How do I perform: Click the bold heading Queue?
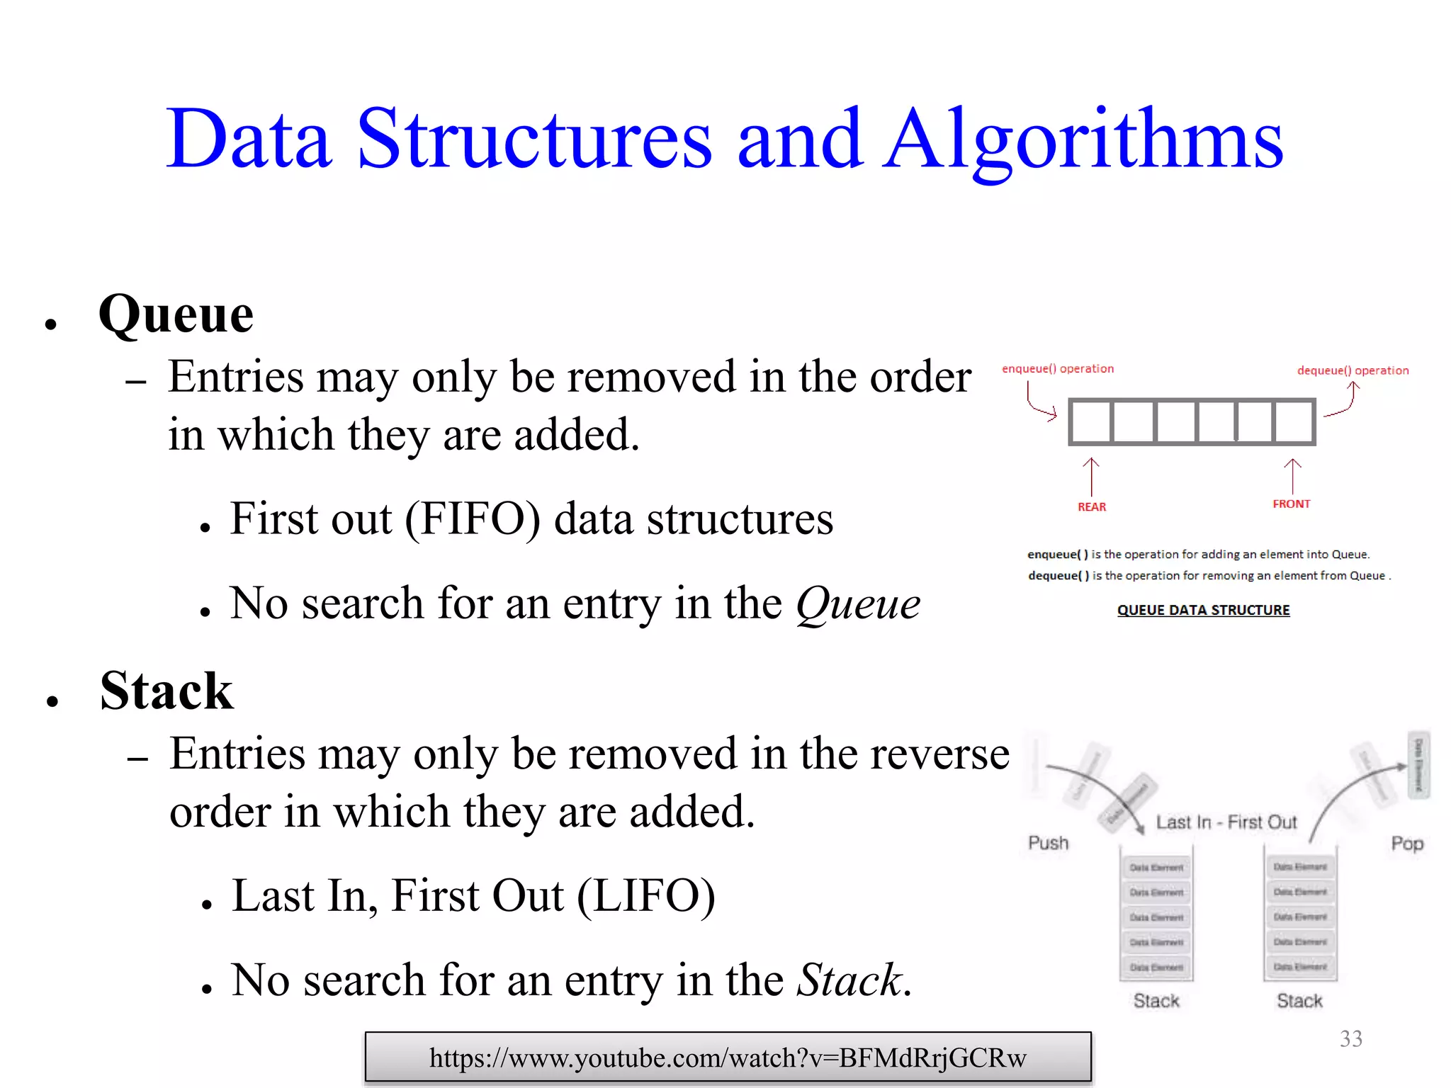pyautogui.click(x=176, y=314)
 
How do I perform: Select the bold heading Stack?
pyautogui.click(x=166, y=691)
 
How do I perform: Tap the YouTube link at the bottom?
pyautogui.click(x=728, y=1058)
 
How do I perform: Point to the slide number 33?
pyautogui.click(x=1350, y=1038)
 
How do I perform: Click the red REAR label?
pyautogui.click(x=1091, y=507)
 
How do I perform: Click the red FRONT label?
pyautogui.click(x=1291, y=504)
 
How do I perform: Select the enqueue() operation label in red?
pyautogui.click(x=1057, y=369)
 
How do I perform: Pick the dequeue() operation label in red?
pyautogui.click(x=1353, y=370)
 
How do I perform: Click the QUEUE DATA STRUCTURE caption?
pyautogui.click(x=1203, y=610)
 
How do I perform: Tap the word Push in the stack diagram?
pyautogui.click(x=1048, y=843)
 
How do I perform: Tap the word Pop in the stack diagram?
pyautogui.click(x=1406, y=844)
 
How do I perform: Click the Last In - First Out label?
pyautogui.click(x=1226, y=822)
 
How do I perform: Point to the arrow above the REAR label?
pyautogui.click(x=1091, y=476)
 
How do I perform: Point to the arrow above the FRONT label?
pyautogui.click(x=1292, y=475)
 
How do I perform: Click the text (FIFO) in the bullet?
pyautogui.click(x=473, y=519)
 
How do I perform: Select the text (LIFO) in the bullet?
pyautogui.click(x=645, y=896)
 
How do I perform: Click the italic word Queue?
pyautogui.click(x=858, y=604)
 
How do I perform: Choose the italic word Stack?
pyautogui.click(x=849, y=981)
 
